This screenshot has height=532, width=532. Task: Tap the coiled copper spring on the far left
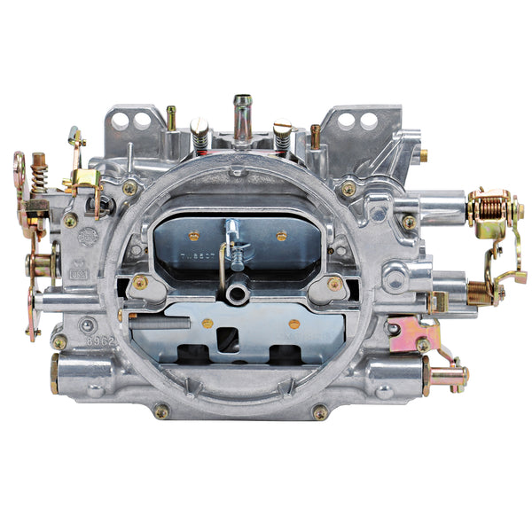[39, 174]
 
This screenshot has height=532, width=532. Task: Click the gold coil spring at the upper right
[488, 211]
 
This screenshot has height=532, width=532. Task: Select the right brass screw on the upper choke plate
[281, 237]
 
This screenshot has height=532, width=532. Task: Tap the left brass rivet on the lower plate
[207, 324]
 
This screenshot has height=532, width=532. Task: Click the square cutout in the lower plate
[230, 338]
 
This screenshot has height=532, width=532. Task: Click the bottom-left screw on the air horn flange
[160, 411]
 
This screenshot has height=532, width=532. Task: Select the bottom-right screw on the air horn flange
[320, 411]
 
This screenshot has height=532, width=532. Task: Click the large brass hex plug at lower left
[55, 373]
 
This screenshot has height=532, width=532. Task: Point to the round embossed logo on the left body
[89, 238]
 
